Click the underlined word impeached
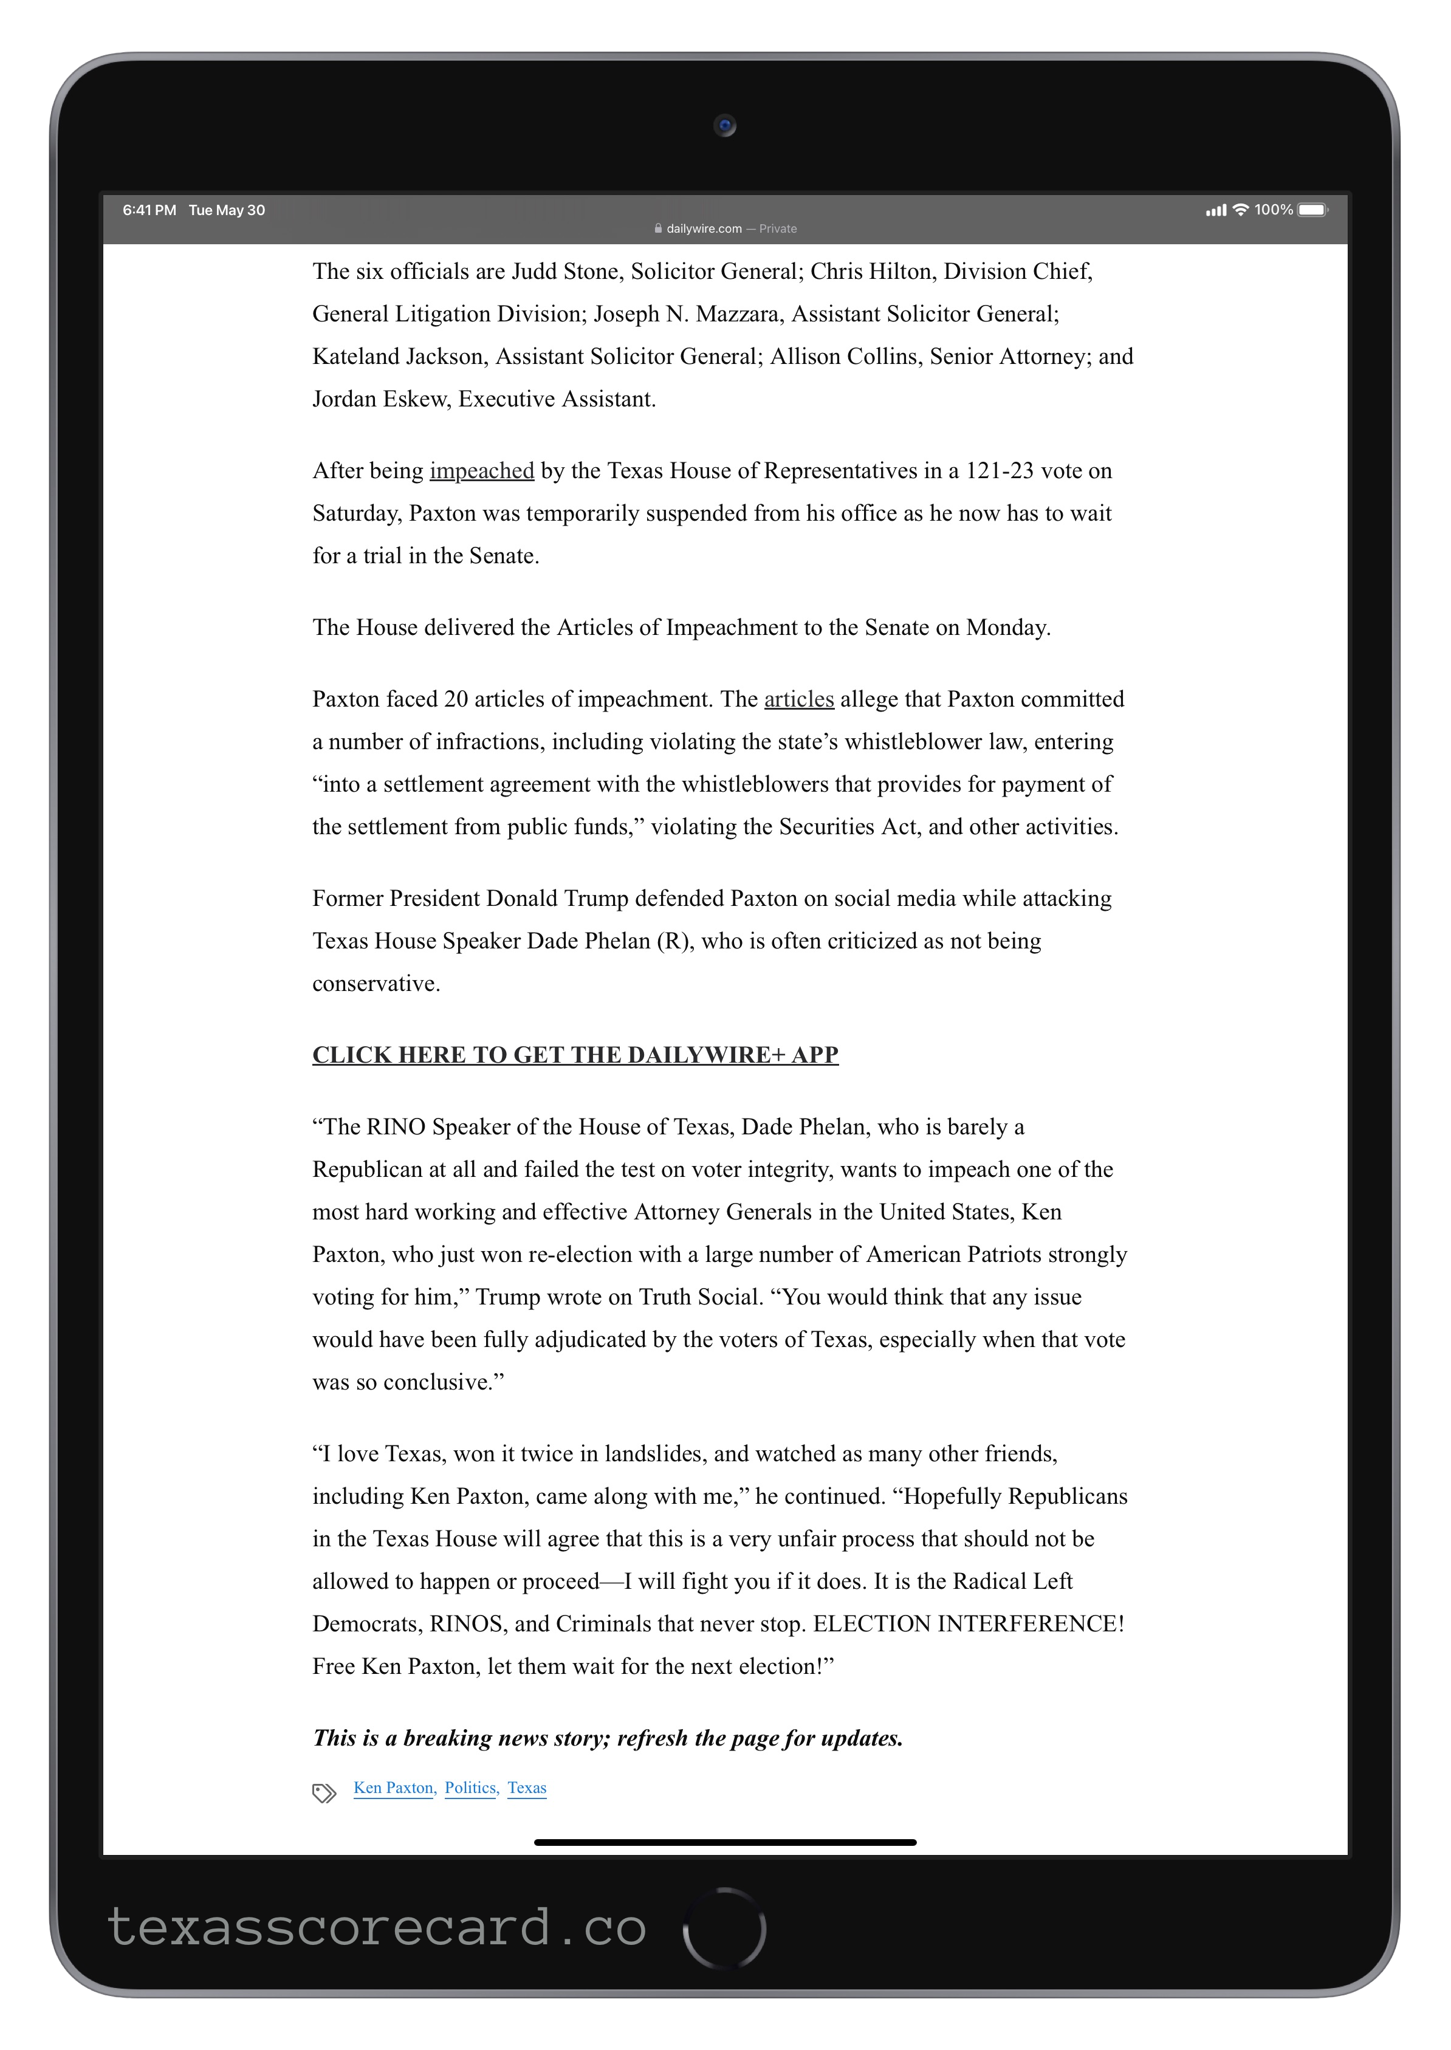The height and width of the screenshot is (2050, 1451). click(x=482, y=471)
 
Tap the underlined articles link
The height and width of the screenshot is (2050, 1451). click(x=799, y=699)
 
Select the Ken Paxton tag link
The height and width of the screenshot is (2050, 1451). click(x=393, y=1788)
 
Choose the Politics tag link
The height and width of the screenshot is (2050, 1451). click(x=470, y=1788)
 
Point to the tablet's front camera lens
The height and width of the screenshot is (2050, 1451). click(x=725, y=126)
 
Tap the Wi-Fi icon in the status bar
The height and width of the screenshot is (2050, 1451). click(x=1240, y=210)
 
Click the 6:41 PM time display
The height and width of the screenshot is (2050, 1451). click(x=149, y=210)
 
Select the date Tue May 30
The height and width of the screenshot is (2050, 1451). click(x=227, y=210)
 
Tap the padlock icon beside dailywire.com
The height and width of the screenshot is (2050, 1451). click(x=659, y=228)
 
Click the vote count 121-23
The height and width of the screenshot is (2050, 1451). click(x=999, y=471)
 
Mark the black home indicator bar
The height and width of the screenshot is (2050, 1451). click(x=725, y=1842)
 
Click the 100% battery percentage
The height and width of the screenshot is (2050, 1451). click(x=1273, y=210)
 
